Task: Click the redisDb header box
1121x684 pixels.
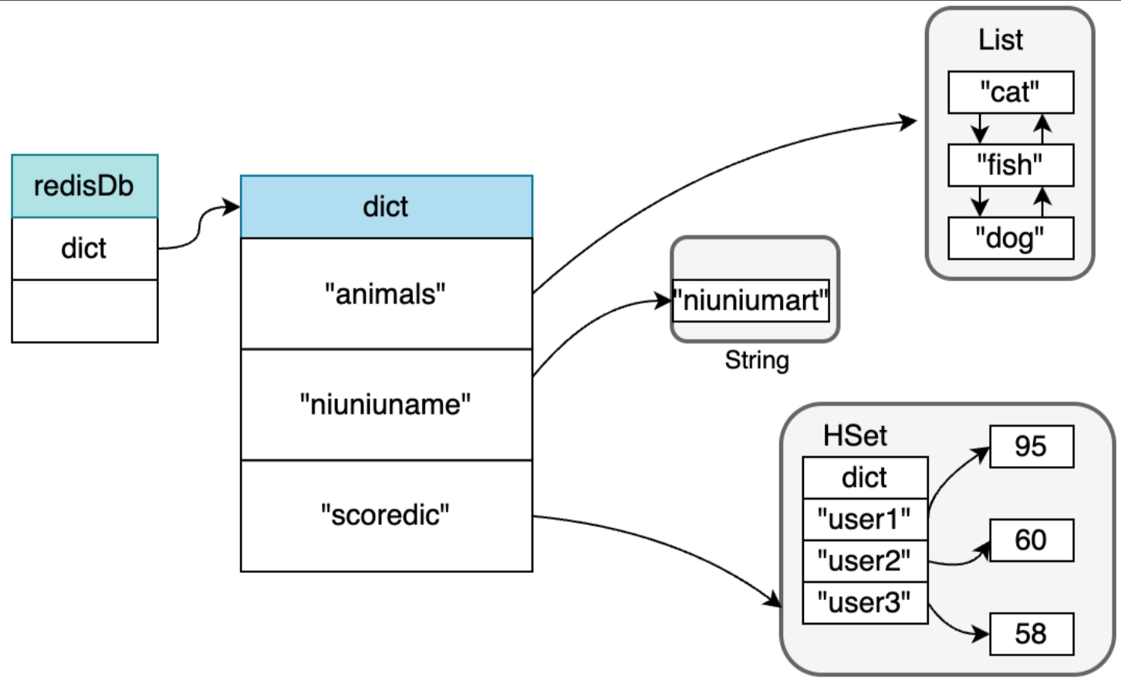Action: (85, 186)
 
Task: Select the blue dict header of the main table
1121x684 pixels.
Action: (387, 207)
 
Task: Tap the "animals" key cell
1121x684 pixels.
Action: (387, 293)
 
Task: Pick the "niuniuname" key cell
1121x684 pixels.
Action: (387, 405)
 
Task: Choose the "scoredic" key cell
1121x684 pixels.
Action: (387, 516)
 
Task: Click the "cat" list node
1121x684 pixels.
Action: (1011, 93)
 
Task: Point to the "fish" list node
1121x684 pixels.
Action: (1011, 165)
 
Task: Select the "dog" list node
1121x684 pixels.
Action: (1011, 239)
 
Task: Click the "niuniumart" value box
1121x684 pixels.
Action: (751, 300)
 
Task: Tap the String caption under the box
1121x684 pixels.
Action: (757, 361)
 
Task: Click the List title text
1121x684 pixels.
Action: (1001, 39)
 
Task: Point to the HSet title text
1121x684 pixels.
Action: (855, 435)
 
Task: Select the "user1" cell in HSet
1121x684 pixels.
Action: (866, 520)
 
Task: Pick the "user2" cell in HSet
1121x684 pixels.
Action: (866, 560)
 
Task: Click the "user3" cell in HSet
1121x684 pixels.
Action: (866, 603)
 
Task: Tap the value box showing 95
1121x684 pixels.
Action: (1032, 447)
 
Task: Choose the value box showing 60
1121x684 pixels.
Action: (1032, 540)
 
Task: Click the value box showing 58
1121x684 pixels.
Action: (1032, 634)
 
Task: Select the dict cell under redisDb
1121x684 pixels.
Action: (85, 249)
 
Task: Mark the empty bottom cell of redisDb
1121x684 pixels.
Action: (85, 311)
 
